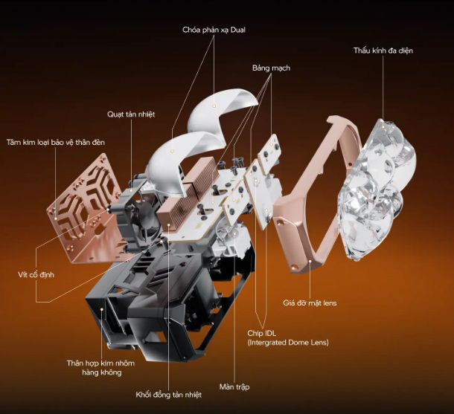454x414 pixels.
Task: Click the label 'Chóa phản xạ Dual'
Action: (x=214, y=30)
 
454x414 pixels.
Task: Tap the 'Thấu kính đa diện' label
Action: (x=383, y=51)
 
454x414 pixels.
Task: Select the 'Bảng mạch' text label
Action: (x=271, y=68)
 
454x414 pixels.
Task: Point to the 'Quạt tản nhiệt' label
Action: (x=131, y=114)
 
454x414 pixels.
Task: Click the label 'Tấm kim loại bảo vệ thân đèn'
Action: (x=56, y=142)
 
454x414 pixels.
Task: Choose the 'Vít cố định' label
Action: (x=36, y=275)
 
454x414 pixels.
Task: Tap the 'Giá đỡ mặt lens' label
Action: (x=310, y=303)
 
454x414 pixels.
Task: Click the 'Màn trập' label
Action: (x=234, y=386)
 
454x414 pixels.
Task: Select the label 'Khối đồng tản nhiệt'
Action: (x=168, y=395)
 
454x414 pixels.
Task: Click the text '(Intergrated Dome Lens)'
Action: (x=288, y=343)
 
